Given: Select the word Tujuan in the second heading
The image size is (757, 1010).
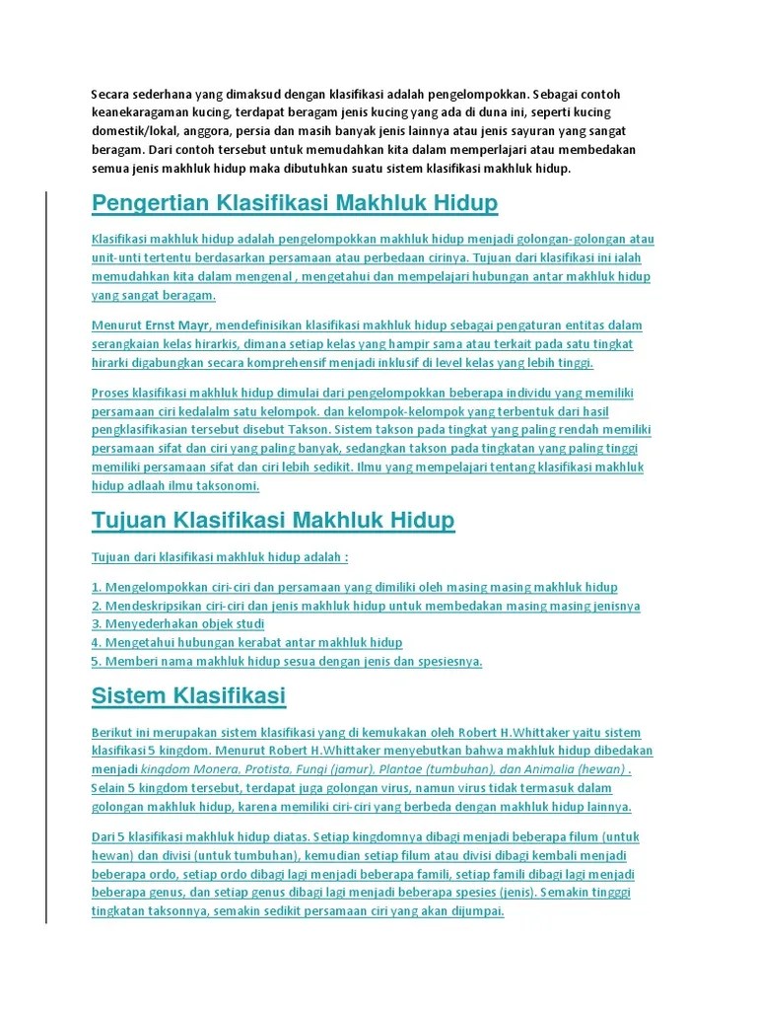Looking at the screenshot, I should pyautogui.click(x=130, y=520).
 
